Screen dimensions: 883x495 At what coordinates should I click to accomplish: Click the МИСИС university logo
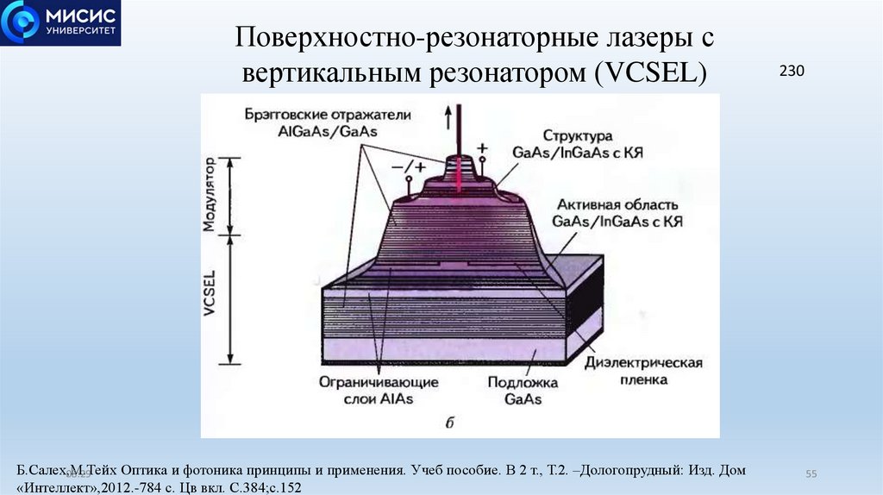click(59, 23)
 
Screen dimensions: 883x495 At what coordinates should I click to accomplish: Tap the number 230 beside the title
click(791, 72)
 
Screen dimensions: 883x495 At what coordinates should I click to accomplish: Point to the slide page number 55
click(811, 474)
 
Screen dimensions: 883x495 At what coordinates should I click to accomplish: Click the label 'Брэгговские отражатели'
click(316, 114)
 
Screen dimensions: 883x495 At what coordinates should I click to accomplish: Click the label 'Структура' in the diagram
click(578, 135)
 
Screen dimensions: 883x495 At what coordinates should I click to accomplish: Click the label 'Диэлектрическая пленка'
click(643, 370)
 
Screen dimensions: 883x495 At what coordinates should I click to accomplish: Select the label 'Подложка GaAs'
click(522, 390)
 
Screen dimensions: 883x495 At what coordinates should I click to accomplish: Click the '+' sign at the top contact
click(482, 147)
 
